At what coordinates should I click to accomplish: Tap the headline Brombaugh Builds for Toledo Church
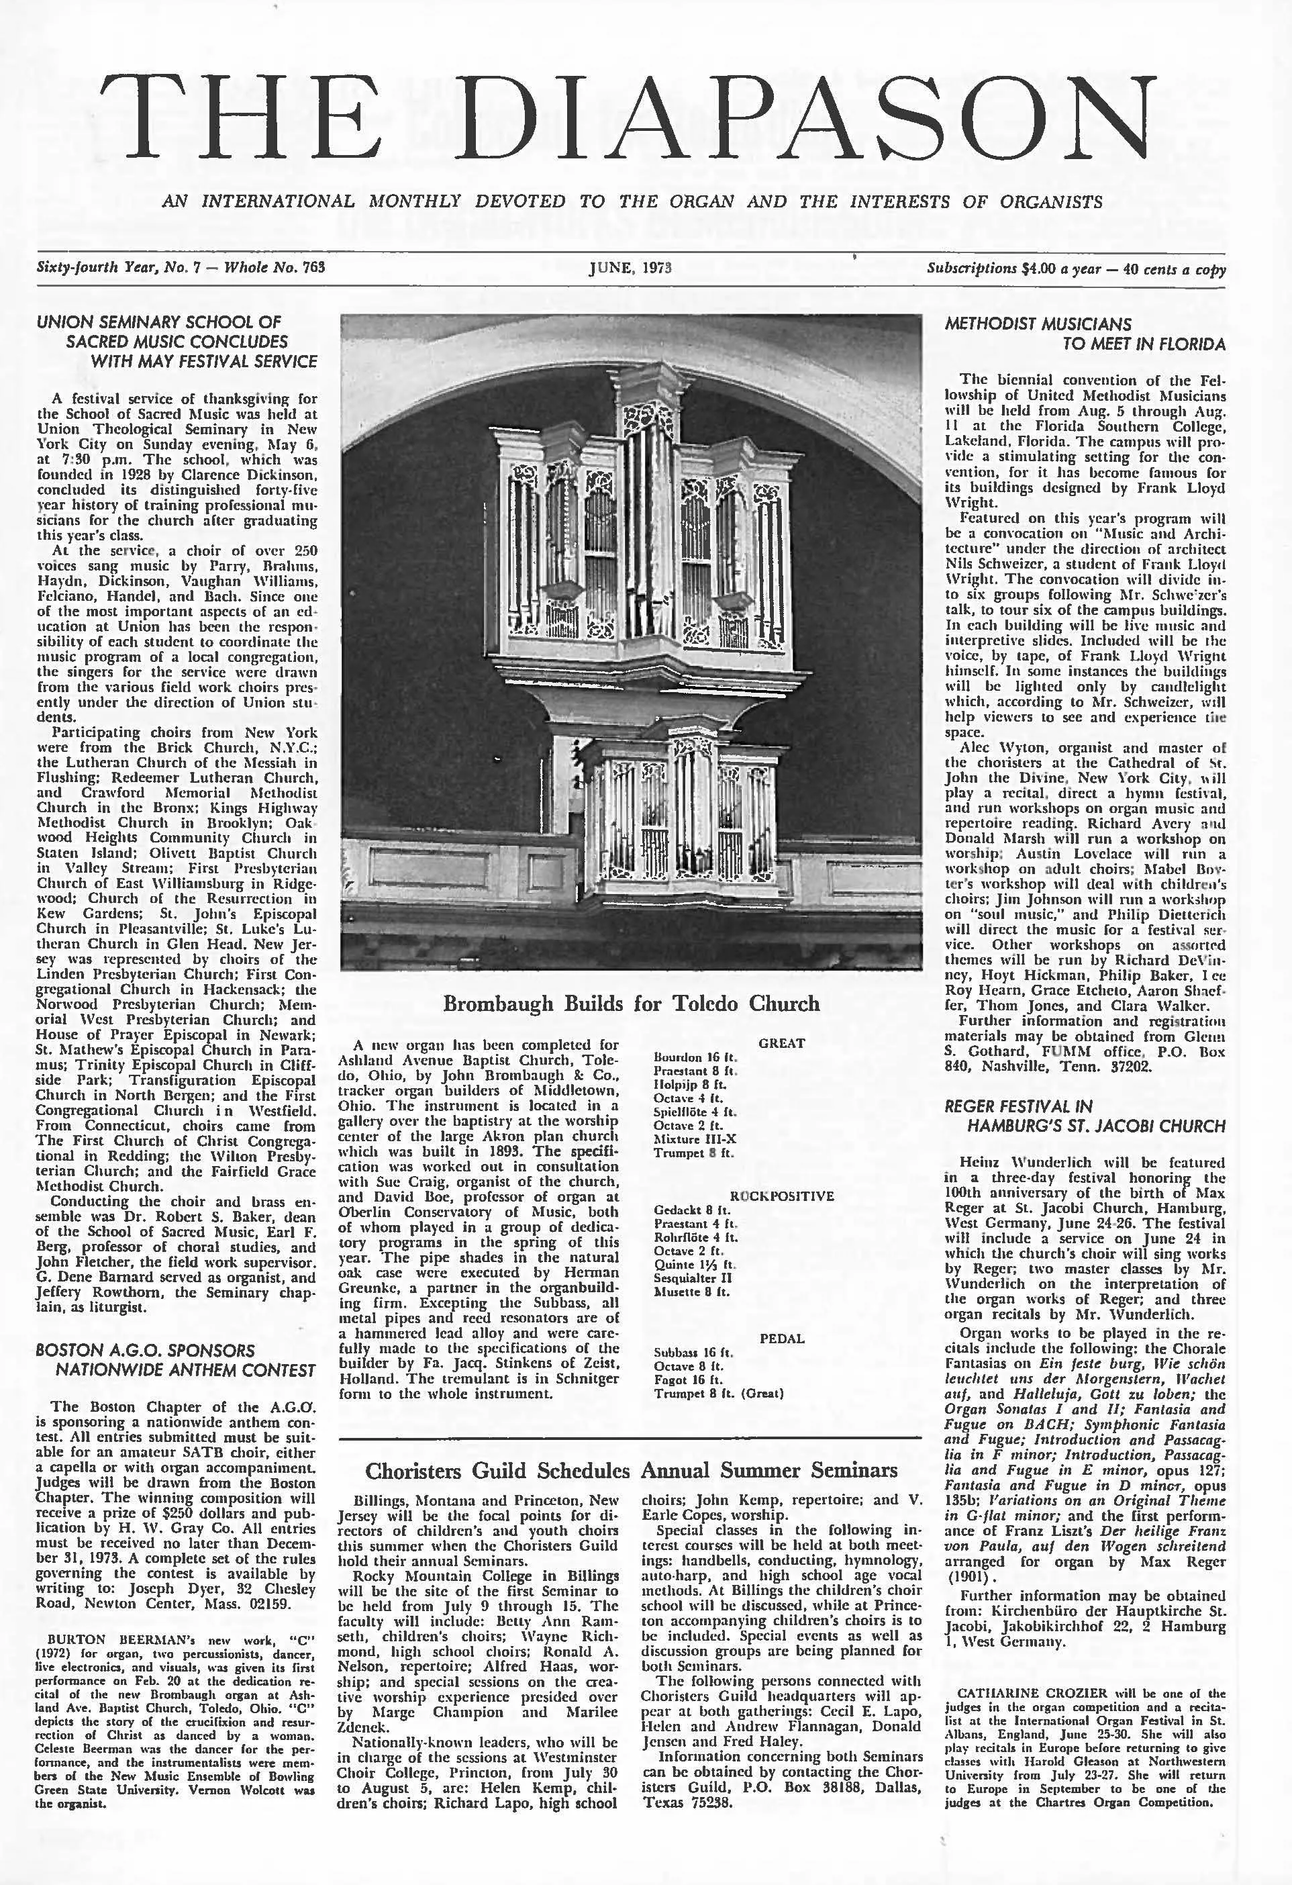point(631,1004)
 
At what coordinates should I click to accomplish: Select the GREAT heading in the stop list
point(781,1043)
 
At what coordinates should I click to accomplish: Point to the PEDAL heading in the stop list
point(781,1339)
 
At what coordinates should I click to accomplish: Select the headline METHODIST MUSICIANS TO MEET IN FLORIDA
point(1085,334)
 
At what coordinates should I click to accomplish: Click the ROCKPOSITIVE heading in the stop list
point(781,1196)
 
